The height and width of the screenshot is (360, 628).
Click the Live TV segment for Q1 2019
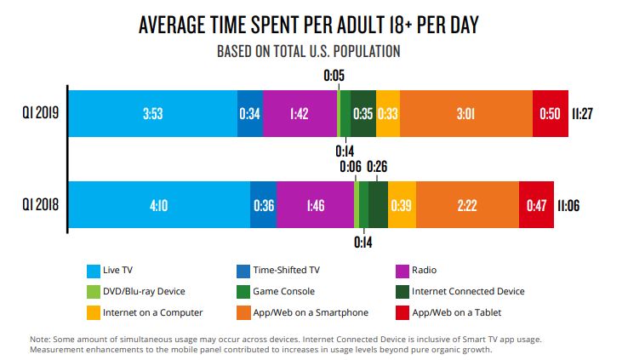(152, 113)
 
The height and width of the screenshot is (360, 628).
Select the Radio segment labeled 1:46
(315, 205)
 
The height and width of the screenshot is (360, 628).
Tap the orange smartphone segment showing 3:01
(465, 113)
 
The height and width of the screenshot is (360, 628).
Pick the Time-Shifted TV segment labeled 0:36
(263, 205)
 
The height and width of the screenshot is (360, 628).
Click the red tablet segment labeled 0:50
(550, 113)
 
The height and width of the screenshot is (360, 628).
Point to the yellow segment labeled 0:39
(402, 205)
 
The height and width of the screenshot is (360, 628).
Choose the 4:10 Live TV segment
(158, 205)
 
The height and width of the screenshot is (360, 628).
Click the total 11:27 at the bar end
(583, 113)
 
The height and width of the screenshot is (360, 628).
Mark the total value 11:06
(568, 205)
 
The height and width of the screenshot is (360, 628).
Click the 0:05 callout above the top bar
(334, 76)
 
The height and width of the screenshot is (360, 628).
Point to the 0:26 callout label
(377, 167)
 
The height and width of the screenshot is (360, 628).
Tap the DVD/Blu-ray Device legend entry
(141, 291)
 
